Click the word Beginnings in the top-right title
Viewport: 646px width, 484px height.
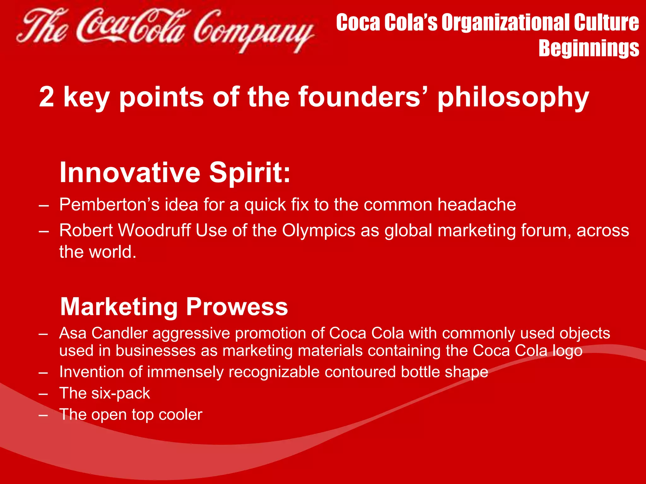[589, 48]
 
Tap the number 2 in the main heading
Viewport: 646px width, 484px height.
[47, 97]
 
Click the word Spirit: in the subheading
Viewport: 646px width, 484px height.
[250, 173]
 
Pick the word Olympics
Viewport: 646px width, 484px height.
[319, 231]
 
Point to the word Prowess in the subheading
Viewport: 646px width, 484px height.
[237, 307]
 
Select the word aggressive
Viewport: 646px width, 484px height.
[191, 334]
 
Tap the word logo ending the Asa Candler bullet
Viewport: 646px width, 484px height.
[567, 351]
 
